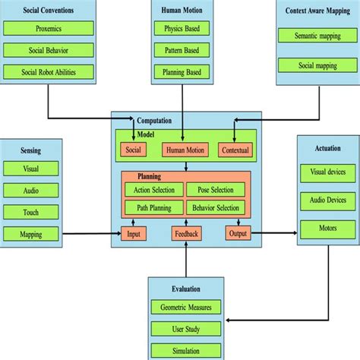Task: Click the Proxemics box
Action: point(49,29)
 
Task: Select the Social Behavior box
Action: point(49,51)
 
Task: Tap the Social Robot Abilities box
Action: point(49,72)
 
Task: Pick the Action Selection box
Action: point(153,190)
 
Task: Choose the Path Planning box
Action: point(153,207)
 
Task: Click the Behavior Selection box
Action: point(216,207)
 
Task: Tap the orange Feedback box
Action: point(186,234)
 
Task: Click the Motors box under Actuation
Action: point(327,227)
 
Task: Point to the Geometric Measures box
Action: point(186,307)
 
